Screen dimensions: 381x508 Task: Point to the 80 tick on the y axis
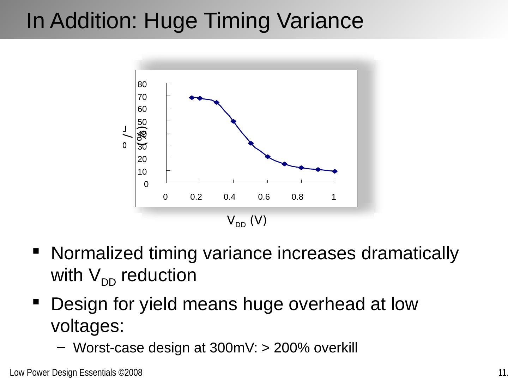pos(142,84)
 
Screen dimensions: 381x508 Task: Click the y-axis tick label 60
pos(142,109)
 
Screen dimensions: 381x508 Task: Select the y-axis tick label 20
pos(142,159)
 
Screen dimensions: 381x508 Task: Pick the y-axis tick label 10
pos(142,172)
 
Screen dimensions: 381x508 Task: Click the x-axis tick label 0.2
pos(196,197)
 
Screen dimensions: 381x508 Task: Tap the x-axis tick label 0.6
pos(264,197)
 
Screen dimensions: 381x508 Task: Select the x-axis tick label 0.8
pos(297,197)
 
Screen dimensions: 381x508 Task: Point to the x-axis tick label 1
pos(334,197)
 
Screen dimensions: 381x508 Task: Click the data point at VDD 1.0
pos(335,171)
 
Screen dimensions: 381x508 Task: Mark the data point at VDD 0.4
pos(234,121)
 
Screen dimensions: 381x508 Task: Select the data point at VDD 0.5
pos(251,143)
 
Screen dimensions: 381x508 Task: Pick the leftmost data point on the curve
pos(192,98)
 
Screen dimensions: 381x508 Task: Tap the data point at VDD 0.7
pos(284,164)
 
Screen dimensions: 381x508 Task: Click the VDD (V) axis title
pos(247,221)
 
